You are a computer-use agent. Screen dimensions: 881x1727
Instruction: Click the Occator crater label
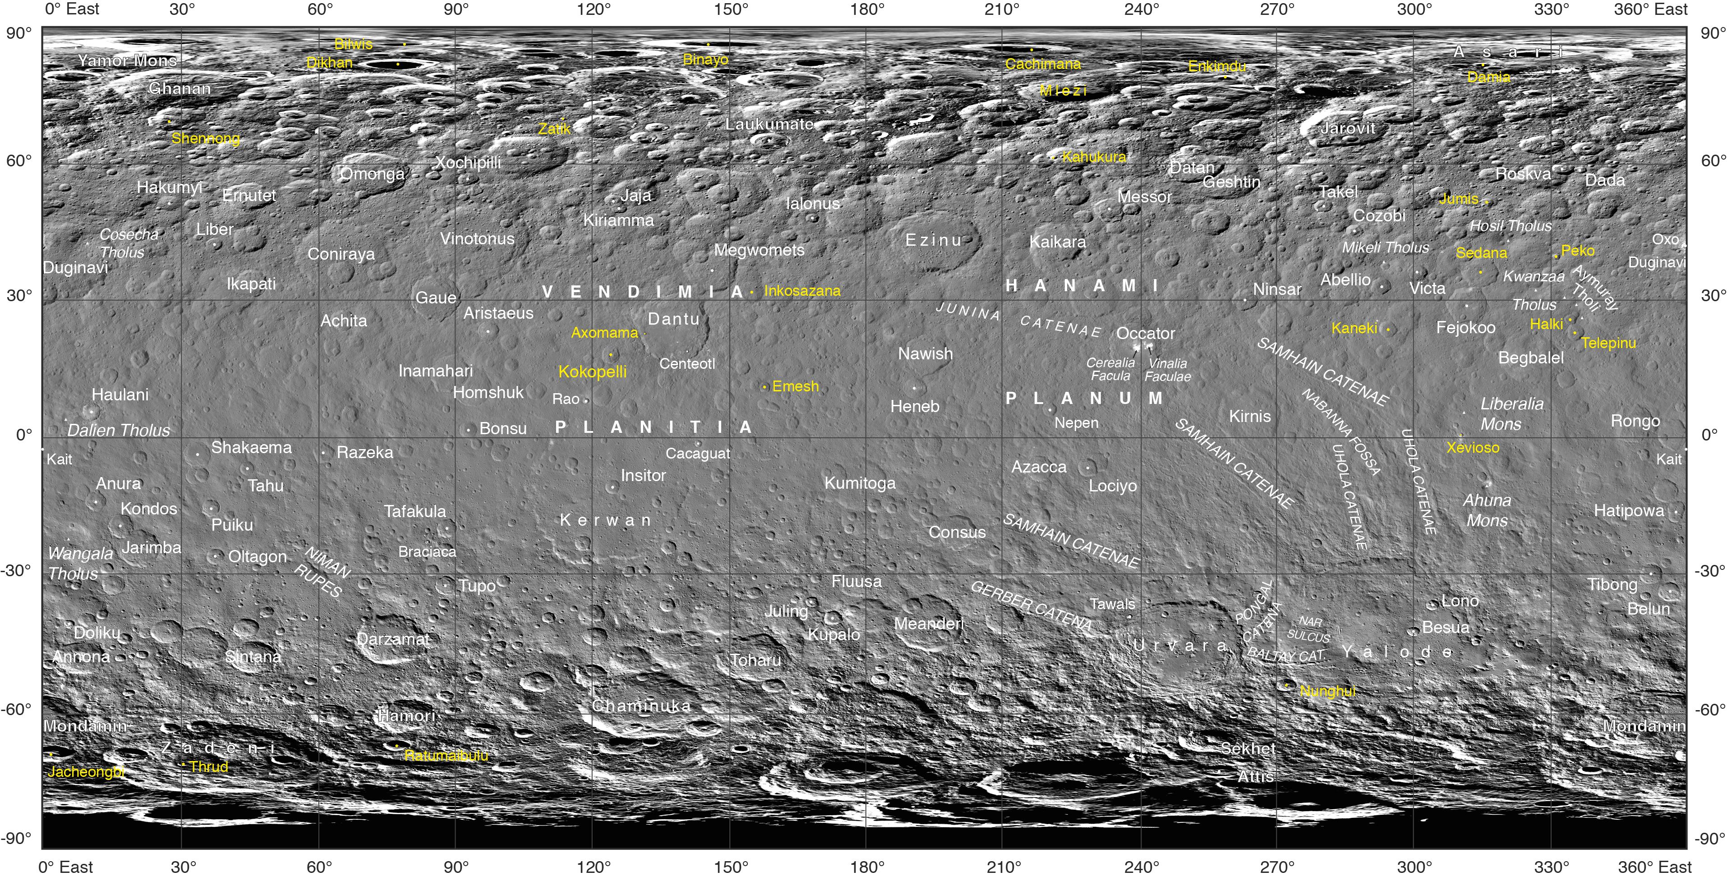coord(1145,333)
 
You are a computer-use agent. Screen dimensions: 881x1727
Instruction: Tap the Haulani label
coord(120,395)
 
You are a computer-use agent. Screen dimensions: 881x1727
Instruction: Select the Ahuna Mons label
coord(1487,510)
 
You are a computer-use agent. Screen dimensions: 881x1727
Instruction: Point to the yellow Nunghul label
coord(1327,691)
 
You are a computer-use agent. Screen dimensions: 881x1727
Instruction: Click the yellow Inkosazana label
coord(802,291)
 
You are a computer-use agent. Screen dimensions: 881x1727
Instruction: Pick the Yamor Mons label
coord(127,60)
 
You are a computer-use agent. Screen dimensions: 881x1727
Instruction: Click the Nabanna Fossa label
coord(1341,432)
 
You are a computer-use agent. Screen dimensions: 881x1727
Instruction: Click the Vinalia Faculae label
coord(1167,370)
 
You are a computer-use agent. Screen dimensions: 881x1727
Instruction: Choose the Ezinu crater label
coord(933,240)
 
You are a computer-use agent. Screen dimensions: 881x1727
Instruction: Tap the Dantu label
coord(673,319)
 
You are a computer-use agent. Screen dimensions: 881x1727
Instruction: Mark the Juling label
coord(787,611)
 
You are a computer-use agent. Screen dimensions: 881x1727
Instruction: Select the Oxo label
coord(1665,239)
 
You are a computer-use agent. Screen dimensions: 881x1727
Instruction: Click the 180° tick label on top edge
coord(867,9)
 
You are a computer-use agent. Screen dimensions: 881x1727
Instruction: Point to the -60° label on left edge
coord(18,709)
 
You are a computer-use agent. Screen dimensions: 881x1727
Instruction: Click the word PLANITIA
coord(653,427)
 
